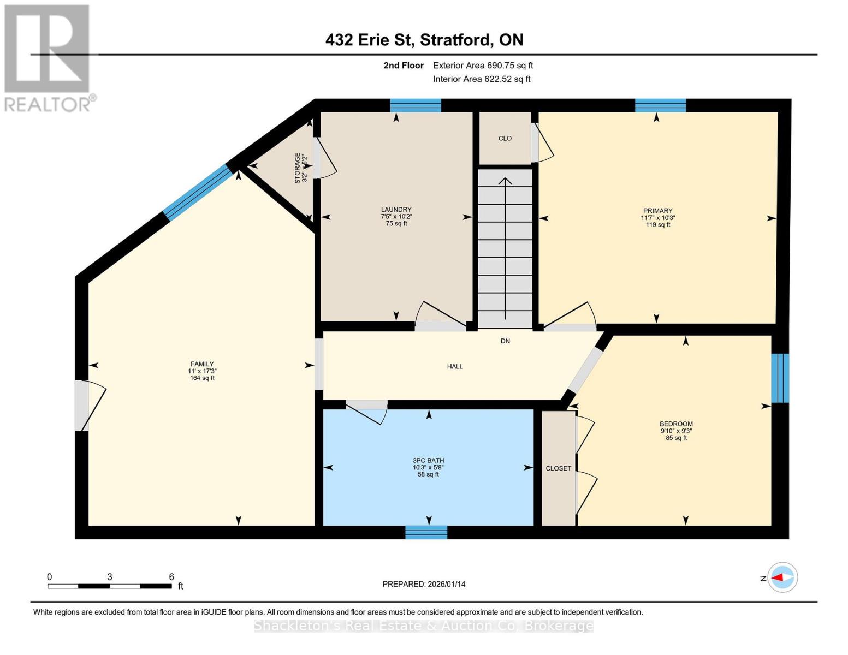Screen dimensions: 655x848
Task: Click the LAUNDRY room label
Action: coord(396,210)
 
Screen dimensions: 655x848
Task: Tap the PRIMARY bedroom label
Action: coord(657,211)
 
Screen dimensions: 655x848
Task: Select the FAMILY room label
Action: coord(202,364)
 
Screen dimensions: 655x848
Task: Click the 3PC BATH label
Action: coord(428,461)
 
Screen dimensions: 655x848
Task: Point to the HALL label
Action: coord(455,366)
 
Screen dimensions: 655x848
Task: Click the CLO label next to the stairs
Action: coord(505,139)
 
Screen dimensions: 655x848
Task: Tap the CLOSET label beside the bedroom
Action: coord(558,468)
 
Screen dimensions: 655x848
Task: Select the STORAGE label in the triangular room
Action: coord(298,168)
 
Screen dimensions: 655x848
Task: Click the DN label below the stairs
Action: coord(505,341)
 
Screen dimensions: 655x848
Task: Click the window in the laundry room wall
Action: coord(416,105)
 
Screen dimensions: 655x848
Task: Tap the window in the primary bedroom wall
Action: coord(660,105)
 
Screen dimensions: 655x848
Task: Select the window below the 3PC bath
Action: coord(426,532)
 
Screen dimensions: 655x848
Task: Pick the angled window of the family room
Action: coord(198,193)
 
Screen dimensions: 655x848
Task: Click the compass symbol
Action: coord(782,577)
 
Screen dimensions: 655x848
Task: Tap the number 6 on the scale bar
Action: coord(171,577)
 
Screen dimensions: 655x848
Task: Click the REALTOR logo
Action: coord(48,58)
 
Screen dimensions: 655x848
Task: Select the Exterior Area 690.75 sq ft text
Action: coord(483,65)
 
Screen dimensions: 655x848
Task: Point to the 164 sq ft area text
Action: coord(202,378)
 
